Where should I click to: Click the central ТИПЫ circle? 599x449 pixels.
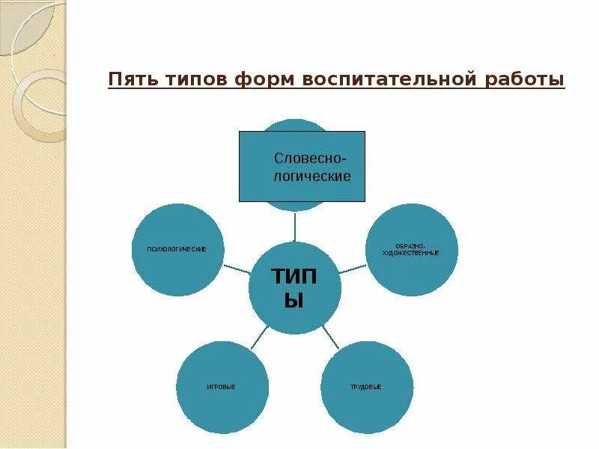point(294,288)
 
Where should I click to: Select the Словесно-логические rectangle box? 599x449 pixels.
point(302,166)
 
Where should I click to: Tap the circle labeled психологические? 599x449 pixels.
point(179,249)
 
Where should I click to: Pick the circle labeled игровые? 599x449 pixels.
point(222,386)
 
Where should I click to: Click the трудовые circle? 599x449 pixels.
point(366,386)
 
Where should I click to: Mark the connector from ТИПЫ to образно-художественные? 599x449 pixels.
point(353,268)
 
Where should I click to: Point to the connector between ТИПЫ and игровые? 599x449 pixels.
point(259,338)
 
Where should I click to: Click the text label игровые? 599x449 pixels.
point(222,387)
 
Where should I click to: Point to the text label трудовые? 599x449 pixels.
point(366,387)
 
